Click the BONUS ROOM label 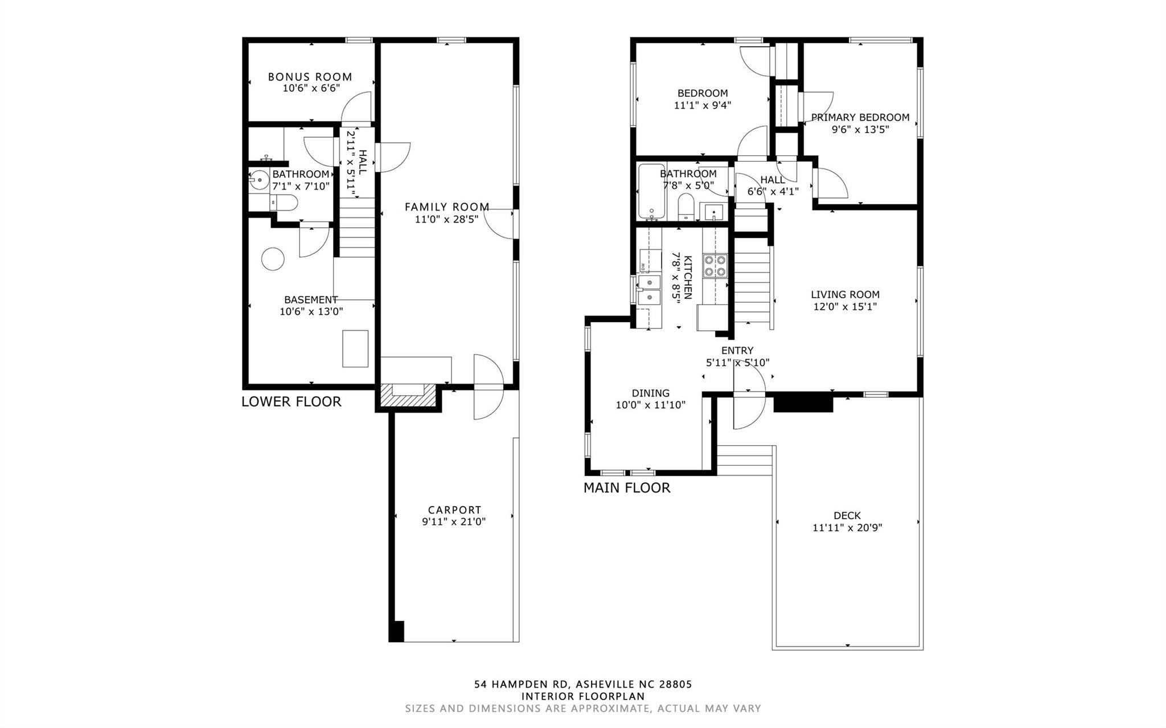310,77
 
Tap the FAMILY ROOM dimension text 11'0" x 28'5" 446,219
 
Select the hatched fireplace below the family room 407,395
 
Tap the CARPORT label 454,510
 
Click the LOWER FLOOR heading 291,402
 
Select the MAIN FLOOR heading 627,488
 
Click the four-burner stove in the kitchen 715,266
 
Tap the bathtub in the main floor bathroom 651,192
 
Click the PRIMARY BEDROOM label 860,117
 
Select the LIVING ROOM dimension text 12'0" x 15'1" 845,307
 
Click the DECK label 847,516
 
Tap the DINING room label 650,393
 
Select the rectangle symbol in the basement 355,348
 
